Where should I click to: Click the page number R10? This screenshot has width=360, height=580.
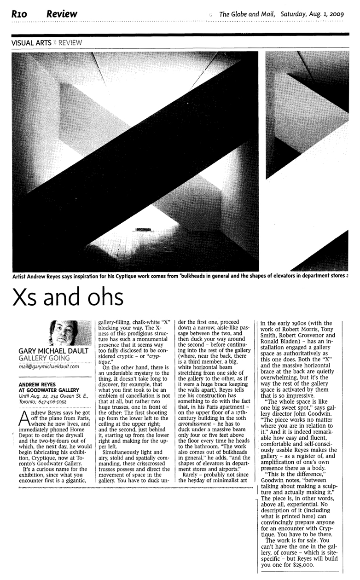pyautogui.click(x=21, y=14)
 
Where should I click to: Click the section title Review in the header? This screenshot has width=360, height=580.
pyautogui.click(x=62, y=14)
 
